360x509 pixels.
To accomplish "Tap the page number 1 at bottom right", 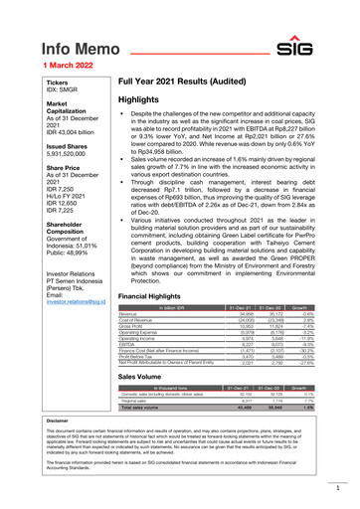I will [338, 489].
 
